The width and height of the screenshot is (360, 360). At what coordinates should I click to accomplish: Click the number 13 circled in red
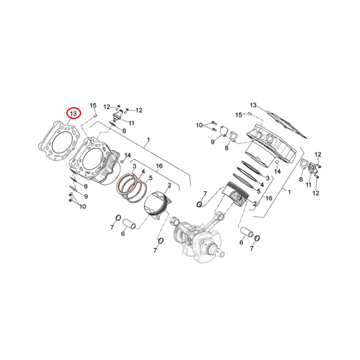[73, 114]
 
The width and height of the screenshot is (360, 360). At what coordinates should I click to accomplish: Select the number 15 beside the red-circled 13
[93, 106]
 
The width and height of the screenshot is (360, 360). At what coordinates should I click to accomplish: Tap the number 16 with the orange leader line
[159, 166]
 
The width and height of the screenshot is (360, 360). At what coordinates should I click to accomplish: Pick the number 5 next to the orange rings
[151, 178]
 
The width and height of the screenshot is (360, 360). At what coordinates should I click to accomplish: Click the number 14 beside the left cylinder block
[127, 156]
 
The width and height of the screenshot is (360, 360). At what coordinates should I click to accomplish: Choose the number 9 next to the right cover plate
[213, 142]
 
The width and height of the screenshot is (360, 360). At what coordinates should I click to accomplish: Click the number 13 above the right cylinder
[253, 105]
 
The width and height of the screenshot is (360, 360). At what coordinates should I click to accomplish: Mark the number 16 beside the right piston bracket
[269, 198]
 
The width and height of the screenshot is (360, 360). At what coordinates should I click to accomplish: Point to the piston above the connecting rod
[235, 194]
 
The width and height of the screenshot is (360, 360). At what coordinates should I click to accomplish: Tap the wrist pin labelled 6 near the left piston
[130, 224]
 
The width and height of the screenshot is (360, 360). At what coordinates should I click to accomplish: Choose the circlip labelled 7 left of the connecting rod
[199, 204]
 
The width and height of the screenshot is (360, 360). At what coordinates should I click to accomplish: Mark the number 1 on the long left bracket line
[148, 140]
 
